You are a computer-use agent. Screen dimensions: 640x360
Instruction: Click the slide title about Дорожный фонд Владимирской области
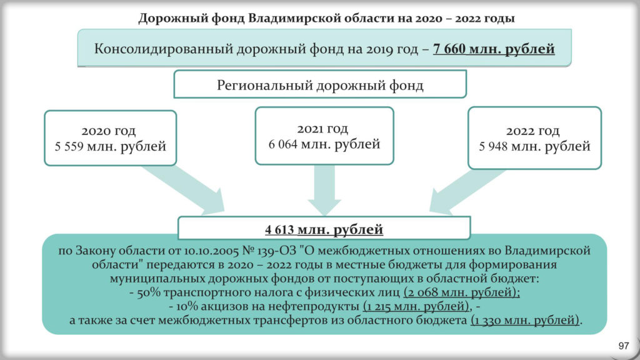326,18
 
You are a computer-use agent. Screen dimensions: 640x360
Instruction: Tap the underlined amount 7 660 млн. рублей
494,49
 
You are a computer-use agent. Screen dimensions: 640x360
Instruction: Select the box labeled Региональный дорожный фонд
320,84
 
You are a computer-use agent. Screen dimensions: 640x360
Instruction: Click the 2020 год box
110,138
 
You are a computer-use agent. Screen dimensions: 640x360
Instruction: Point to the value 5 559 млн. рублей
110,146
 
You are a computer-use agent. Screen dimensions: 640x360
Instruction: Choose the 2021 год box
324,136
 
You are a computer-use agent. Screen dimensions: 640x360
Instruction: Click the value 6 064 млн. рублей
324,144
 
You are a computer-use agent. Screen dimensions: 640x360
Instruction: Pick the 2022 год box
534,138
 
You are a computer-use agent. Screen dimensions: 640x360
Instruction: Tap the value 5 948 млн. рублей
534,146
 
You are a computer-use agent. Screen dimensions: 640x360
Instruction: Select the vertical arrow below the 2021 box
324,190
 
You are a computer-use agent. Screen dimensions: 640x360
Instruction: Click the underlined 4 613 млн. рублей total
324,229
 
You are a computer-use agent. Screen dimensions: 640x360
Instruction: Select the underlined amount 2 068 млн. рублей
462,292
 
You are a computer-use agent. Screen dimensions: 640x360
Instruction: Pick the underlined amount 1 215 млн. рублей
416,306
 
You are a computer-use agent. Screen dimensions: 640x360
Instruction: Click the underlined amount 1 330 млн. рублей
525,320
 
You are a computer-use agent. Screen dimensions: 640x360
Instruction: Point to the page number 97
624,346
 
